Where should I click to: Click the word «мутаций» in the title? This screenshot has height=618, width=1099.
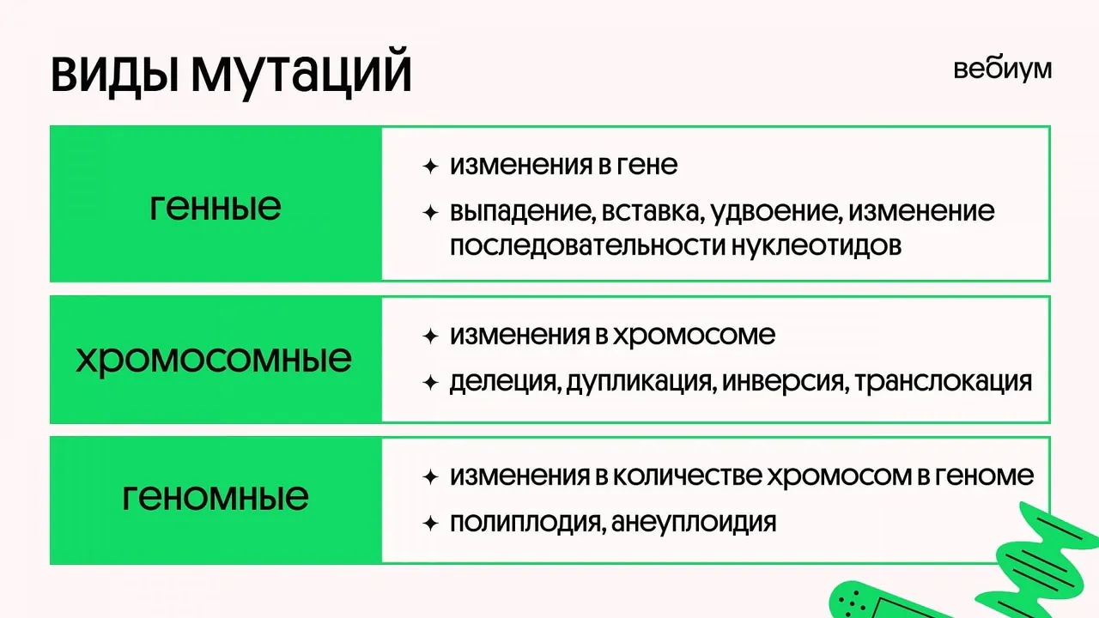coord(301,74)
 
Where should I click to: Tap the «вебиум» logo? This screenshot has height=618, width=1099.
coord(1002,70)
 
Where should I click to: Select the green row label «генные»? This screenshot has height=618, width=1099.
coord(216,207)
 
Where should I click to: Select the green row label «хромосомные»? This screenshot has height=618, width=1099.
coord(214,360)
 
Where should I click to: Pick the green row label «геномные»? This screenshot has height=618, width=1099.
coord(216,497)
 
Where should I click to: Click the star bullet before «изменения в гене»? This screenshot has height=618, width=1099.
coord(430,167)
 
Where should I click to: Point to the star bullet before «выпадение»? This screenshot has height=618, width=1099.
coord(430,213)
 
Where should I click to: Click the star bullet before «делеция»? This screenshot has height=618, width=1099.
coord(430,383)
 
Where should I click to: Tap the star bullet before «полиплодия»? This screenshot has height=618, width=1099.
coord(430,524)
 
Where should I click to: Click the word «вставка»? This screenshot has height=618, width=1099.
coord(653,211)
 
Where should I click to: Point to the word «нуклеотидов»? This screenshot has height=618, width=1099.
coord(817,245)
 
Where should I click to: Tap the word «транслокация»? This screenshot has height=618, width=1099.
coord(944,382)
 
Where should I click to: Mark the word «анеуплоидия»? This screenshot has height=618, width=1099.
coord(694,523)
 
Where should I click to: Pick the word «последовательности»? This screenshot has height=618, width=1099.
coord(587,245)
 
